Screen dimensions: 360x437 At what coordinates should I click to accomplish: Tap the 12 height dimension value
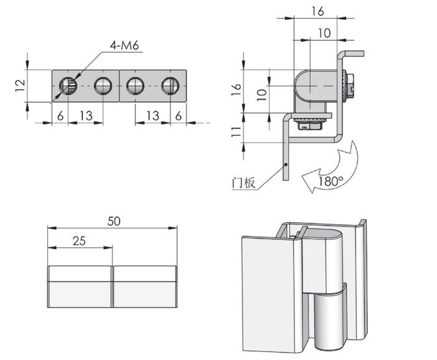[x=20, y=83]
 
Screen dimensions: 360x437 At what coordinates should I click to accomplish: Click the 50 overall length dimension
[x=114, y=220]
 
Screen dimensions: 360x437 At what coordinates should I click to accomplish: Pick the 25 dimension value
[x=80, y=240]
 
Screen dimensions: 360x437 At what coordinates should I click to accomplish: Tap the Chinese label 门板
[x=243, y=183]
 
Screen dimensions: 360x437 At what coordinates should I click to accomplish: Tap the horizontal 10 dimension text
[x=324, y=32]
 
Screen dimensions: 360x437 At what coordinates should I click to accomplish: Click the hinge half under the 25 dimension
[x=80, y=287]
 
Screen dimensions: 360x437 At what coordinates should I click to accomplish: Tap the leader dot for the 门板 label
[x=286, y=165]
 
